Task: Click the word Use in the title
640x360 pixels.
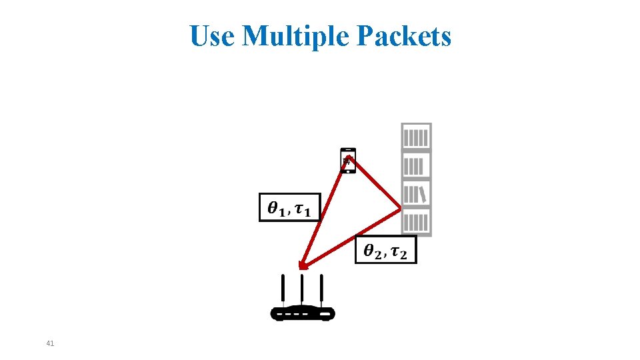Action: [x=213, y=36]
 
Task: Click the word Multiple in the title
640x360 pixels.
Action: [x=296, y=36]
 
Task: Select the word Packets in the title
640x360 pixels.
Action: [x=404, y=36]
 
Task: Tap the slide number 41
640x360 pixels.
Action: [x=50, y=343]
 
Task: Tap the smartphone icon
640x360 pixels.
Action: [x=347, y=161]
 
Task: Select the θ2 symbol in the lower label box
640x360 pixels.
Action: [x=373, y=251]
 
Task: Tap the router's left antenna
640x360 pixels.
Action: [x=283, y=290]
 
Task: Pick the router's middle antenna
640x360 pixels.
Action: [x=302, y=289]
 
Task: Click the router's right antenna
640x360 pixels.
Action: [x=321, y=289]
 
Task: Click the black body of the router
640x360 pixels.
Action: [x=302, y=313]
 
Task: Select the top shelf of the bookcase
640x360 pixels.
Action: [x=416, y=137]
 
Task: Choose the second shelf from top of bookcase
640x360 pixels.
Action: [x=416, y=165]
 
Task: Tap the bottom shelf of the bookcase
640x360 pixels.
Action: [x=416, y=221]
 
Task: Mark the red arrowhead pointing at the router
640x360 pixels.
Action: [x=303, y=266]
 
